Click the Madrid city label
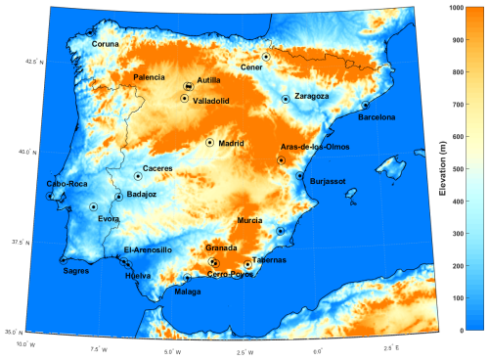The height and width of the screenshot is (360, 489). point(231,143)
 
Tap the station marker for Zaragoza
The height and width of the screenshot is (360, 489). point(286,99)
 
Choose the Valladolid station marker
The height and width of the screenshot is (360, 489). point(185,98)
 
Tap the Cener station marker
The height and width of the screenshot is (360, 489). point(266,57)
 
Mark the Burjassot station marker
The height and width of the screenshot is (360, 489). point(299,176)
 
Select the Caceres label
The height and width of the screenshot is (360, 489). point(157,168)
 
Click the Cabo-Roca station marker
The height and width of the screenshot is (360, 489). point(50,196)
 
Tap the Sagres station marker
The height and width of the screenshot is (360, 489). point(64,260)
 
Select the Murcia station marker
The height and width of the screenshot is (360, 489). point(281,231)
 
